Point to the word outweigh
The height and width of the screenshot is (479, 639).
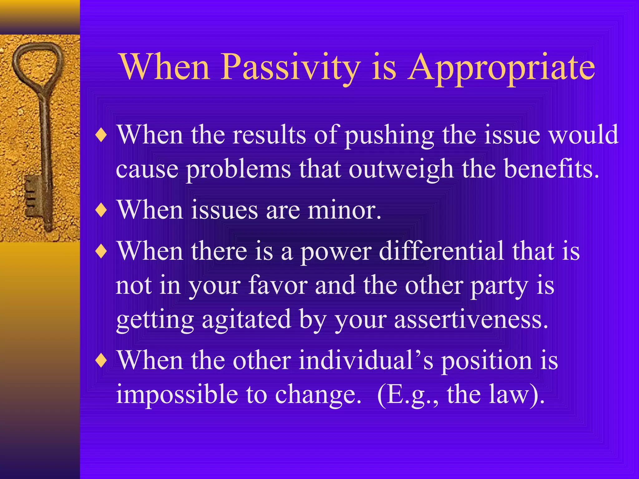pyautogui.click(x=401, y=169)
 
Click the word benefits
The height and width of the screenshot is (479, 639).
pyautogui.click(x=551, y=169)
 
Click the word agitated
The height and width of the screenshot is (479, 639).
pyautogui.click(x=246, y=319)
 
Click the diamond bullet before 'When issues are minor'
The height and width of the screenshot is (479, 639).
pyautogui.click(x=101, y=210)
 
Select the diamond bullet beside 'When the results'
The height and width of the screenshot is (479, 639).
pyautogui.click(x=101, y=136)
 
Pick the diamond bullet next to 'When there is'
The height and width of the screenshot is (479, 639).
pyautogui.click(x=101, y=251)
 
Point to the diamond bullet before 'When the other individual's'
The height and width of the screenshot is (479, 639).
pyautogui.click(x=101, y=361)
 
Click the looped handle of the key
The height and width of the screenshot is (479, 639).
pyautogui.click(x=37, y=62)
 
